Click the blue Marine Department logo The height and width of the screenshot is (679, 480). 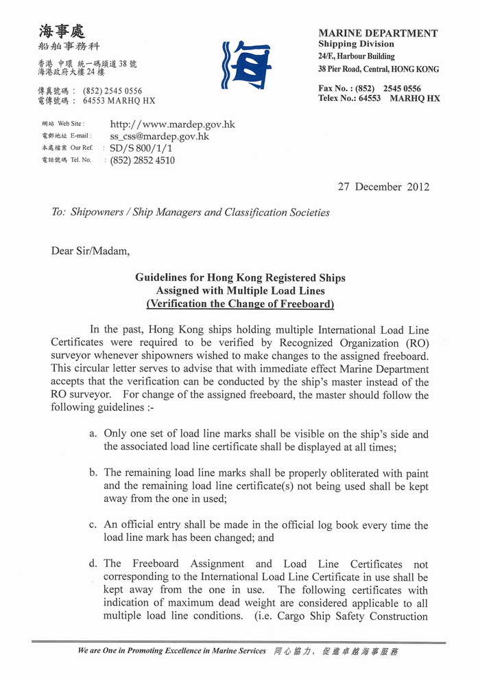coord(246,65)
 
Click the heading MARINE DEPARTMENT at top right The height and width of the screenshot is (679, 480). coord(377,33)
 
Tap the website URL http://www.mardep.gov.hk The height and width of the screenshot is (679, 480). coord(172,124)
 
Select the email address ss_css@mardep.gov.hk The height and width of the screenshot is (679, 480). coord(159,136)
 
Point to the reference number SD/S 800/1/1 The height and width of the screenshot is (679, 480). coord(141,148)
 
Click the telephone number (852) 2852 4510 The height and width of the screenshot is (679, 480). coord(142,160)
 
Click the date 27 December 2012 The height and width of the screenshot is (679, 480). coord(383,186)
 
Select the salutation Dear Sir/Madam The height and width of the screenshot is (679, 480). coord(90,251)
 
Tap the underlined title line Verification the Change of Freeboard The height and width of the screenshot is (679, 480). coord(240,303)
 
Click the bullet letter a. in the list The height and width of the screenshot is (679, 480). coord(93,434)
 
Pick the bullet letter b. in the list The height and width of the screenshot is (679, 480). coord(93,473)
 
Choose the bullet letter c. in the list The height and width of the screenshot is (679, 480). coord(93,525)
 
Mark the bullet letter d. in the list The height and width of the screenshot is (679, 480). coord(93,564)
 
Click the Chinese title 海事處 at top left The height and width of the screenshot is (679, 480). coord(62,31)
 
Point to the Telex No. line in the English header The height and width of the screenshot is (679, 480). coord(379,98)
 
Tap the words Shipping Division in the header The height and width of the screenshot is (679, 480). coord(356,44)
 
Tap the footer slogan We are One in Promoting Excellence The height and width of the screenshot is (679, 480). coord(171,651)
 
